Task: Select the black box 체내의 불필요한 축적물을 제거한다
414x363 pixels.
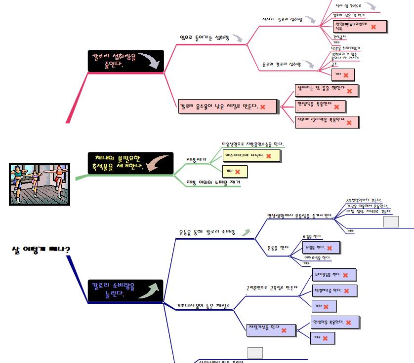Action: (130, 163)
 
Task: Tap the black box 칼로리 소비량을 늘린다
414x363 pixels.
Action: (125, 290)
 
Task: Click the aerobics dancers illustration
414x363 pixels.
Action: (40, 184)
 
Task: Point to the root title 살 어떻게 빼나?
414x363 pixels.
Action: (41, 249)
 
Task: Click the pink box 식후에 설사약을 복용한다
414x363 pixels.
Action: (327, 121)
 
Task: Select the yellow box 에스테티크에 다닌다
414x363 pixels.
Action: (251, 156)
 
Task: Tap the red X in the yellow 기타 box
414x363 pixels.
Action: (238, 172)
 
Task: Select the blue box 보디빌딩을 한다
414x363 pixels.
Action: (334, 275)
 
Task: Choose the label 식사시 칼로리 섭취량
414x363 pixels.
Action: (282, 19)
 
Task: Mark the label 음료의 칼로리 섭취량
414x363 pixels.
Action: (281, 64)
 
